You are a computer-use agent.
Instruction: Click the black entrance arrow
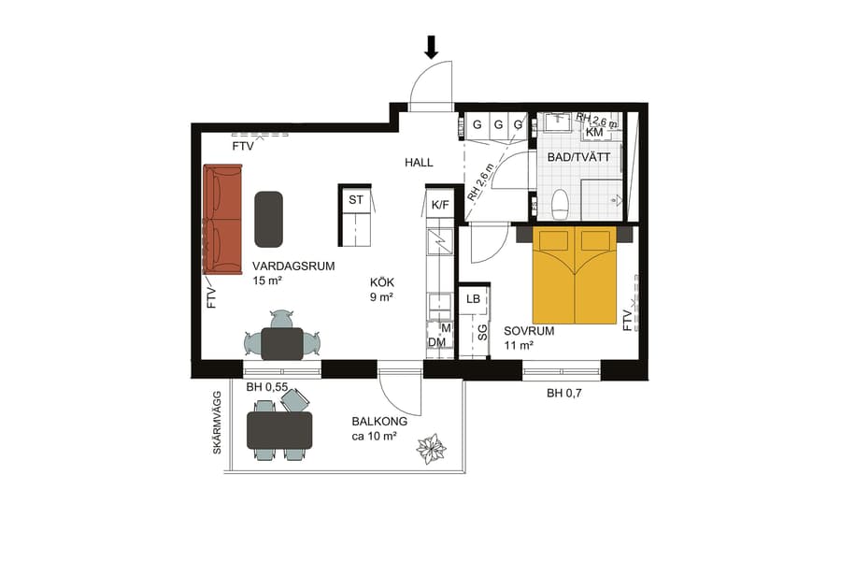(432, 47)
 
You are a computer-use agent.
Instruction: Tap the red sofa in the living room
(222, 219)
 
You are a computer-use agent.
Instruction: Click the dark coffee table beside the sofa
(269, 219)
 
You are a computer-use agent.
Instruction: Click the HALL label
(419, 163)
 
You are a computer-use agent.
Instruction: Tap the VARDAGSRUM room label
(293, 266)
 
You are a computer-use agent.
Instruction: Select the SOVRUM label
(529, 331)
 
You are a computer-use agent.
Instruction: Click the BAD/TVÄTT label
(578, 157)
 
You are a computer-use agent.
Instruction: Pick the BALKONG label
(379, 422)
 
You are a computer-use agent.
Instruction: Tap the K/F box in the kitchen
(439, 205)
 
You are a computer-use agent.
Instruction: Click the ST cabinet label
(356, 200)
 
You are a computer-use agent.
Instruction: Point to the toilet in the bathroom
(561, 203)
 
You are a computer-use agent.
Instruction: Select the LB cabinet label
(474, 298)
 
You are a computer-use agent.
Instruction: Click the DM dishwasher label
(436, 342)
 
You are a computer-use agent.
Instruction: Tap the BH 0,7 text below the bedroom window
(567, 394)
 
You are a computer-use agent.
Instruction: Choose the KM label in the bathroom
(594, 132)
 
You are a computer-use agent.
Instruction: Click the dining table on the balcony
(278, 429)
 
